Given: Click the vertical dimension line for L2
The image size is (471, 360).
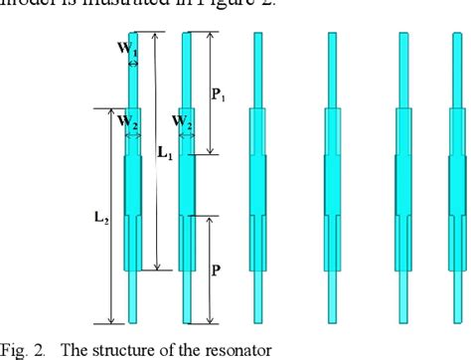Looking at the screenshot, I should pyautogui.click(x=109, y=215).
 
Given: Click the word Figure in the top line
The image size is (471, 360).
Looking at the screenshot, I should pyautogui.click(x=199, y=7).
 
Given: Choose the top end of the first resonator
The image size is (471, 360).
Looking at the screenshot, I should pyautogui.click(x=133, y=36).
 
